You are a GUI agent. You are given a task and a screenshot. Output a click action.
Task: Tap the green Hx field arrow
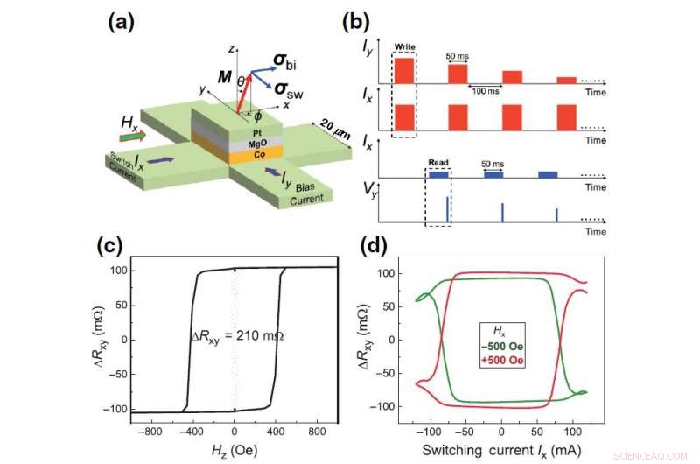[x=133, y=137]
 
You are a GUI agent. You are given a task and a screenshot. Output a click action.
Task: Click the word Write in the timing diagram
[x=404, y=46]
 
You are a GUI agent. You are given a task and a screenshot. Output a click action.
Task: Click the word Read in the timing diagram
[x=437, y=163]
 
